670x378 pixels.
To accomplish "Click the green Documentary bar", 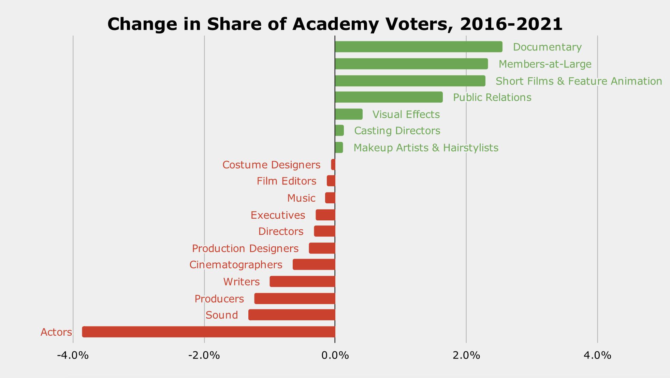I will [x=418, y=47].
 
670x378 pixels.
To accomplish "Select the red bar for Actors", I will [x=208, y=332].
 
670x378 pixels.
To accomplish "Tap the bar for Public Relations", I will [x=389, y=97].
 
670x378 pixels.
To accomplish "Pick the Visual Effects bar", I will [x=349, y=114].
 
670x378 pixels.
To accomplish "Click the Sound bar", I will [x=292, y=315].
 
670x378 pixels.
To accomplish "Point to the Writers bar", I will [x=302, y=282].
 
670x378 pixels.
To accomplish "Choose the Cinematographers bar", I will [x=314, y=265].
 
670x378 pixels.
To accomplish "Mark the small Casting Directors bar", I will [x=339, y=131].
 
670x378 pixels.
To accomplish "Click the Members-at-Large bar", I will [x=411, y=64].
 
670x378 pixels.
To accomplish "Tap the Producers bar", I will [x=295, y=299].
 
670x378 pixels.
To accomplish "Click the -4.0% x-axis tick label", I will [x=73, y=355].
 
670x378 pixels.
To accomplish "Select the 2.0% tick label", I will [x=466, y=355].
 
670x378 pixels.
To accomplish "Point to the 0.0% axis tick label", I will [x=335, y=355].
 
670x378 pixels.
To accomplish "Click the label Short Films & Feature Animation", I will [x=579, y=81].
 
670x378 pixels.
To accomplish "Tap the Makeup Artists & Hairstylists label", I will [x=426, y=148].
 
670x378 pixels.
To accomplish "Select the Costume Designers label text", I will [x=271, y=165].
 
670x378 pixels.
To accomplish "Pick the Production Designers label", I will [x=245, y=248].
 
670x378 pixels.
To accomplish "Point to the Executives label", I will [x=278, y=215].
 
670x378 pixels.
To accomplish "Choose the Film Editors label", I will [x=286, y=181].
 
